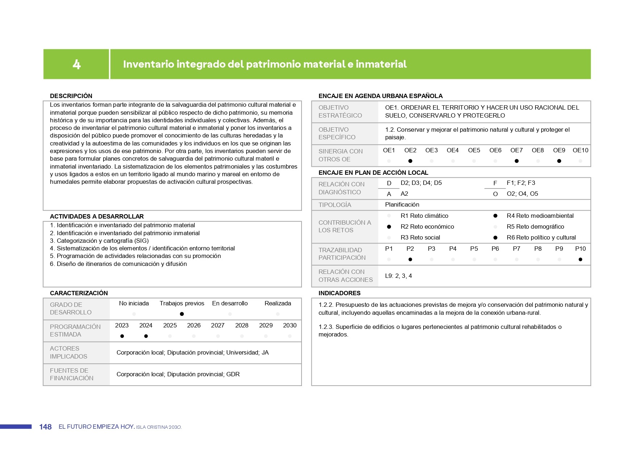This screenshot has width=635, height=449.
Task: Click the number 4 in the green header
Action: [x=76, y=64]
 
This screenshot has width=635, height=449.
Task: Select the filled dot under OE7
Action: [x=517, y=161]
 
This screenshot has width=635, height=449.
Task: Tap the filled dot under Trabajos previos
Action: [x=182, y=314]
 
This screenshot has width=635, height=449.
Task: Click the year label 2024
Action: [x=146, y=325]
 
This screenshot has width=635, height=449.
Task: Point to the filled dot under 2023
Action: [x=122, y=336]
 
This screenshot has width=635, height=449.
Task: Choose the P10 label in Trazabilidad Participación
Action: [x=580, y=249]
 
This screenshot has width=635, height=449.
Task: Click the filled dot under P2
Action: [x=410, y=259]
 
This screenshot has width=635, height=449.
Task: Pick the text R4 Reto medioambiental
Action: [x=540, y=216]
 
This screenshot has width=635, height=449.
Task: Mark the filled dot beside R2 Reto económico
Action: [x=389, y=227]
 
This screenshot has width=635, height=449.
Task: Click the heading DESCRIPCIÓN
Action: [x=71, y=96]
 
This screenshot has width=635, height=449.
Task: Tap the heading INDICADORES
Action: [x=339, y=293]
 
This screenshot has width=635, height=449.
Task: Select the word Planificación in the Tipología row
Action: [x=402, y=204]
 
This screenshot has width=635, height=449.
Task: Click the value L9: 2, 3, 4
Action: [x=398, y=276]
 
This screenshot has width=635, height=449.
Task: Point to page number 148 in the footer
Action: [x=45, y=427]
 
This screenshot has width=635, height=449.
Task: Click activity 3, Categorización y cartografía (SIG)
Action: [x=99, y=241]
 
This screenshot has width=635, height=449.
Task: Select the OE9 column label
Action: [x=559, y=150]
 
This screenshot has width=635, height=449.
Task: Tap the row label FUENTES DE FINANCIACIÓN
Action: [x=71, y=374]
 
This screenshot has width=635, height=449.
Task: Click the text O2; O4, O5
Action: [x=522, y=194]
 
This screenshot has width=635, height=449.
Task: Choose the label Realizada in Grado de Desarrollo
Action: [x=278, y=303]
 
